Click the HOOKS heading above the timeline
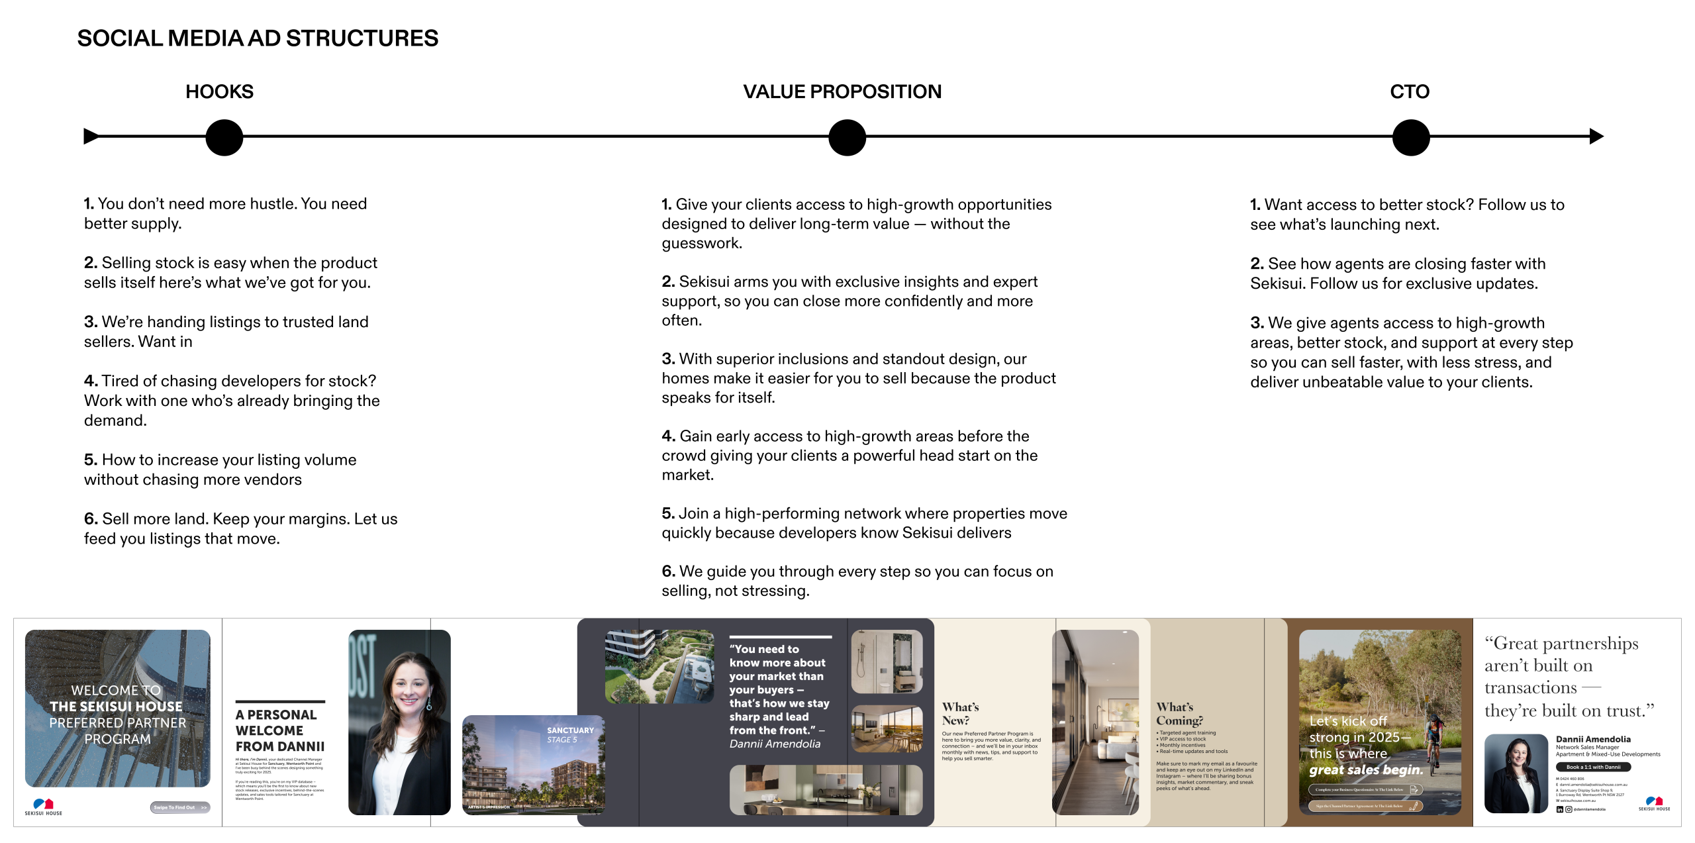click(219, 91)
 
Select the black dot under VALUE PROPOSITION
click(847, 137)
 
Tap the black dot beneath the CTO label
click(1410, 137)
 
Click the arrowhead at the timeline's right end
click(1596, 136)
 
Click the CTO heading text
click(1410, 91)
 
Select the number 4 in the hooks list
click(90, 381)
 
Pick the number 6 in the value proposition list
click(668, 571)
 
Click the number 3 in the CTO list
click(1256, 323)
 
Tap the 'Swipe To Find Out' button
click(179, 807)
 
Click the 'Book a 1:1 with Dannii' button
click(1593, 767)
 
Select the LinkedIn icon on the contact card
click(1559, 809)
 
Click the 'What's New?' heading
click(960, 713)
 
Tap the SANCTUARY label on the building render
click(570, 730)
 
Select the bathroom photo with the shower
click(887, 662)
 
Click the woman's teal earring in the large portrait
click(429, 705)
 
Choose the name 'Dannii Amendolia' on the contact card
click(1593, 739)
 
